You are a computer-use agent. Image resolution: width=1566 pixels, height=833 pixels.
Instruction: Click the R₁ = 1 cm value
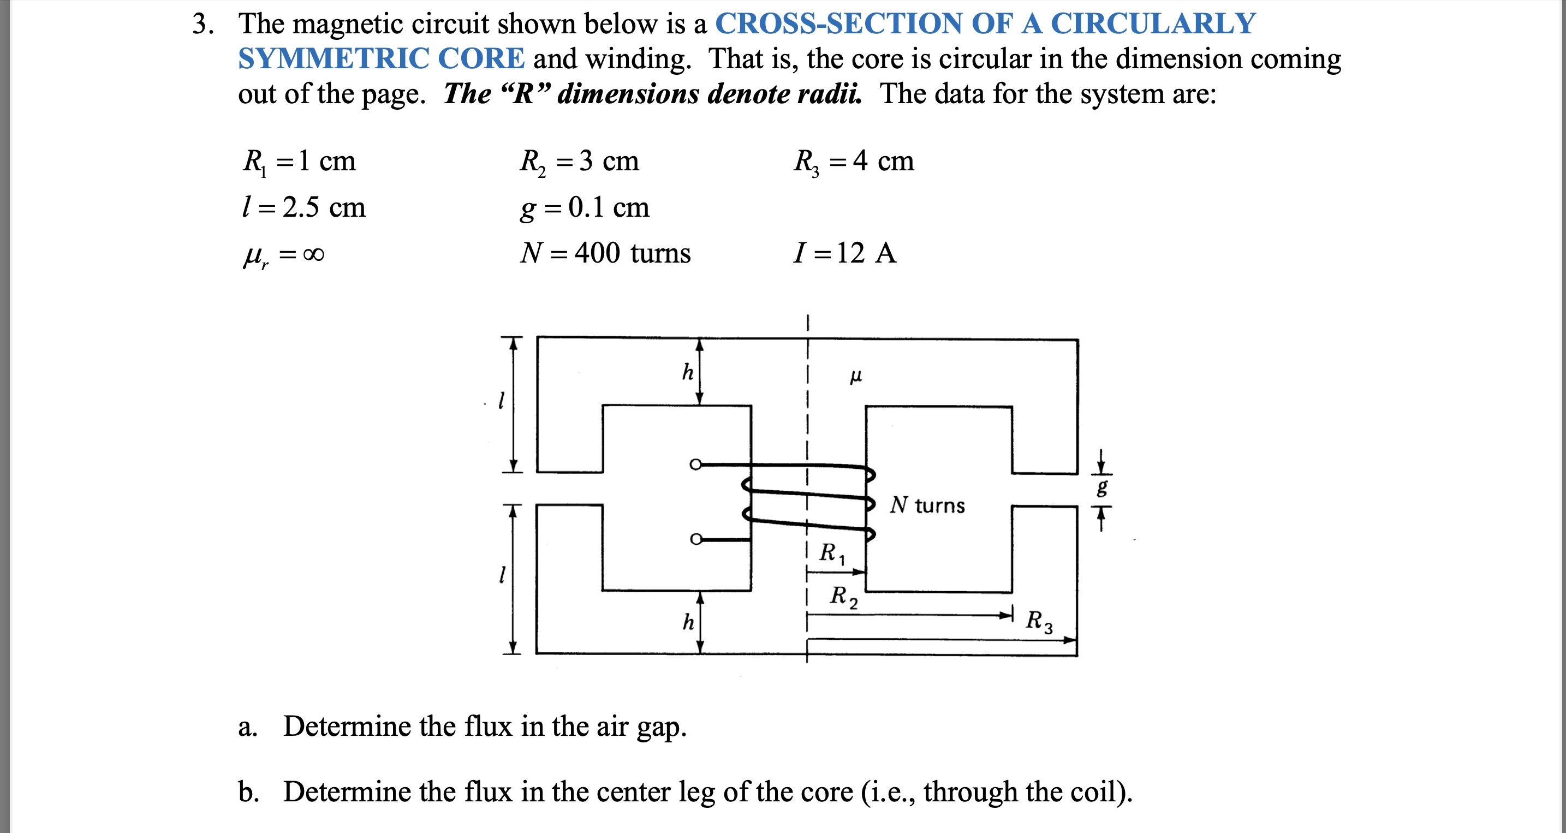[299, 162]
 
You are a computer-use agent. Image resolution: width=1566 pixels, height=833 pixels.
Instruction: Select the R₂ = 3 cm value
[579, 162]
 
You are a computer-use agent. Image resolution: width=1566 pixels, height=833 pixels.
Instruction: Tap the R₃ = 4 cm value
[854, 162]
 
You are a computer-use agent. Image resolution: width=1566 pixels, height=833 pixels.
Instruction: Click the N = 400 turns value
[605, 253]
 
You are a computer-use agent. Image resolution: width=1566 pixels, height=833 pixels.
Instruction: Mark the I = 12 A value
[845, 253]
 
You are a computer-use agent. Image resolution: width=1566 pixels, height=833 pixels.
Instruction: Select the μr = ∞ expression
[283, 255]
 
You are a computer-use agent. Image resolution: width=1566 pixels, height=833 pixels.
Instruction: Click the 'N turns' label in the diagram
[927, 505]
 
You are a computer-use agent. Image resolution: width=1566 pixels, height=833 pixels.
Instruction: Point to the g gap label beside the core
[1102, 487]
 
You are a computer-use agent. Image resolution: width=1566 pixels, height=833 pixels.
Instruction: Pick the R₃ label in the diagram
[1039, 621]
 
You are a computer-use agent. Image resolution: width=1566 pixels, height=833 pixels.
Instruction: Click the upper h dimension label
[688, 372]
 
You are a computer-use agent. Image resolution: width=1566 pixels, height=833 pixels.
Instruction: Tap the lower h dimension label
[688, 622]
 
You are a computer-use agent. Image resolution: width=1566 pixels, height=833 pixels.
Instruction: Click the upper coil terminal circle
[695, 465]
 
